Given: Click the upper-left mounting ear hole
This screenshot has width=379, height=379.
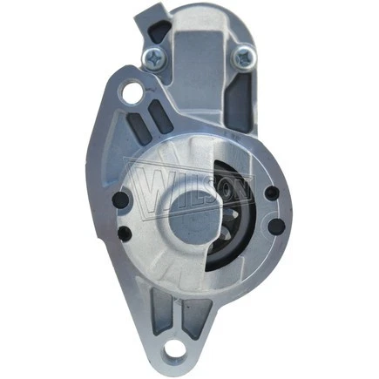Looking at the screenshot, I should [132, 91].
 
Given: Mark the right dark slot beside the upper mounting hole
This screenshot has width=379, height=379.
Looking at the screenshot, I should [154, 114].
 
